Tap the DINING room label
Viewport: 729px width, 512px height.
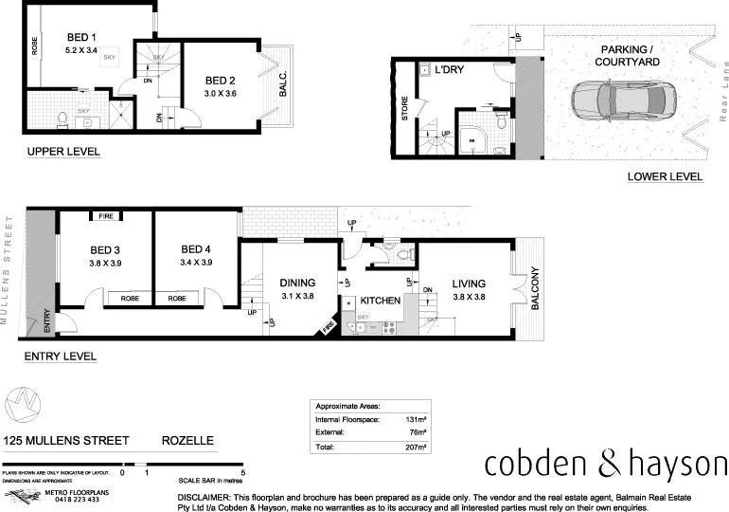click(296, 283)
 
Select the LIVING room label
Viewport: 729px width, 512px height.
click(468, 283)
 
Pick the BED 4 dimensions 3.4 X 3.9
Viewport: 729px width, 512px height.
click(197, 263)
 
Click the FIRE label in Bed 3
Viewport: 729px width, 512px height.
click(105, 216)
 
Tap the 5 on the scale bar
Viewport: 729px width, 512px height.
click(243, 471)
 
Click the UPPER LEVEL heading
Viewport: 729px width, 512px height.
click(63, 152)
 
